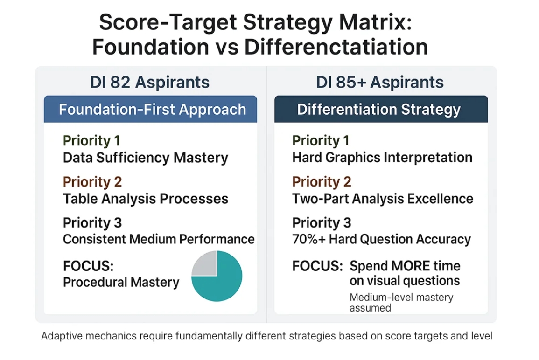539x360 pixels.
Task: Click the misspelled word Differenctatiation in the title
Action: coord(336,47)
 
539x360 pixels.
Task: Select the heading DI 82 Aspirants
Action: coord(149,83)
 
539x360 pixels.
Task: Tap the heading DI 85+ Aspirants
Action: coord(379,83)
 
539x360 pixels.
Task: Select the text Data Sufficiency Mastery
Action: coord(145,158)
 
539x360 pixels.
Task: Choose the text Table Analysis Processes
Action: coord(145,199)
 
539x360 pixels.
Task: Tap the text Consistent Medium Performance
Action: coord(159,239)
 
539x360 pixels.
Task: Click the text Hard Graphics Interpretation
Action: coord(382,158)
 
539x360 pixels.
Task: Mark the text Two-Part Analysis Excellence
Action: coord(382,199)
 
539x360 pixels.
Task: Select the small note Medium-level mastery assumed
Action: coord(401,303)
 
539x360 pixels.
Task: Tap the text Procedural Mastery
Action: coord(121,282)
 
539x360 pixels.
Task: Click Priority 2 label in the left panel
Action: coord(92,182)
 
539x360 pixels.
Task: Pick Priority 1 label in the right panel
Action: coord(321,141)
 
